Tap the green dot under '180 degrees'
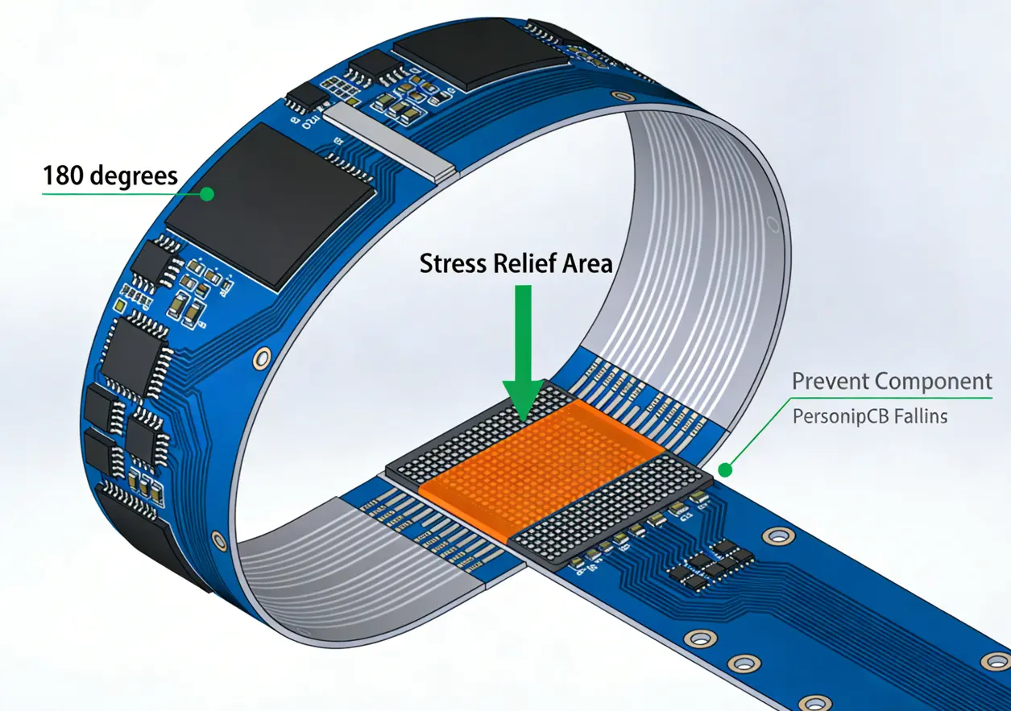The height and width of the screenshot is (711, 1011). click(x=208, y=193)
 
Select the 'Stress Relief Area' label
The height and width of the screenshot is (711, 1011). click(x=516, y=263)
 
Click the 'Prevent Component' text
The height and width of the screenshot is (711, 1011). click(x=892, y=381)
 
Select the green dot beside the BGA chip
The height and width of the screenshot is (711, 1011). click(x=724, y=469)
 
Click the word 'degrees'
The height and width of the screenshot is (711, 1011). click(x=134, y=175)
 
